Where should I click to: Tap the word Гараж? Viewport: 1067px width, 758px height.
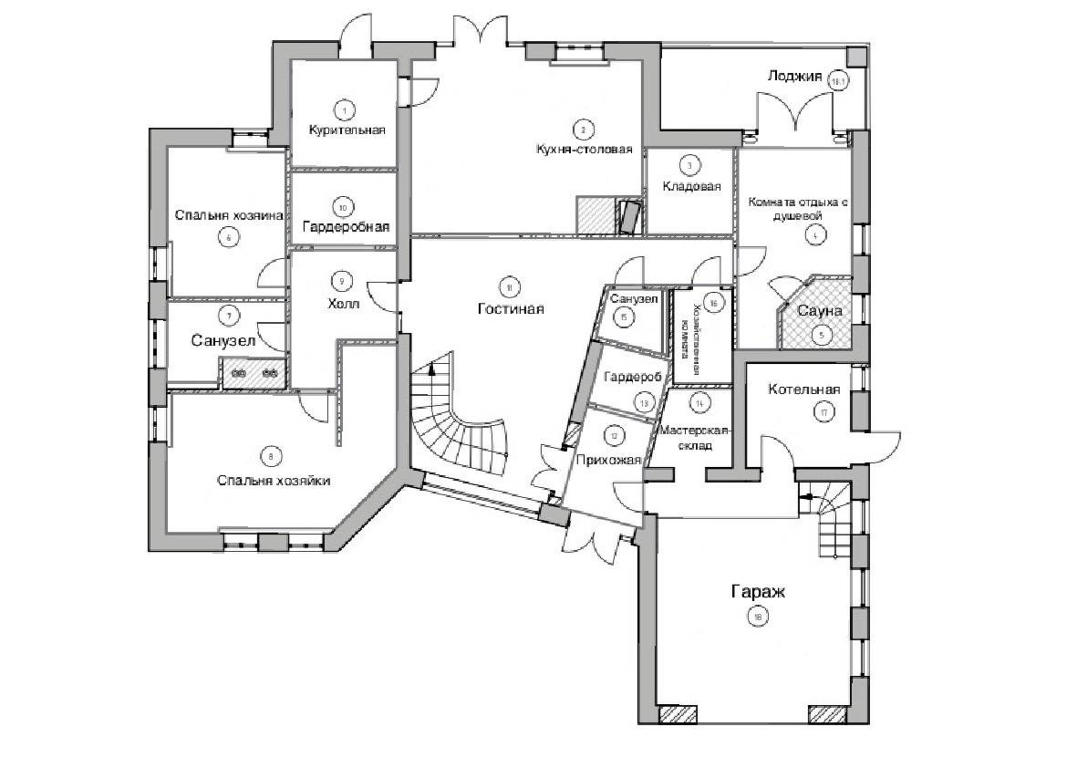pyautogui.click(x=757, y=592)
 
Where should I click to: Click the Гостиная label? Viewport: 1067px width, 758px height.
pyautogui.click(x=510, y=308)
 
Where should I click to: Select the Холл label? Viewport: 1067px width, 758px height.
pyautogui.click(x=341, y=304)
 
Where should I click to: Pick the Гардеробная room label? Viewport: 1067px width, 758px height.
pyautogui.click(x=346, y=226)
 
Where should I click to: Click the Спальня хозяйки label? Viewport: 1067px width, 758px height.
pyautogui.click(x=273, y=480)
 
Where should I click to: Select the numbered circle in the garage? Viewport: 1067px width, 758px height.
pyautogui.click(x=757, y=618)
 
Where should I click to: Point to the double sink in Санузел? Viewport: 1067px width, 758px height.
pyautogui.click(x=254, y=373)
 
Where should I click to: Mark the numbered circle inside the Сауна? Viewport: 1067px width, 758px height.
pyautogui.click(x=822, y=335)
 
